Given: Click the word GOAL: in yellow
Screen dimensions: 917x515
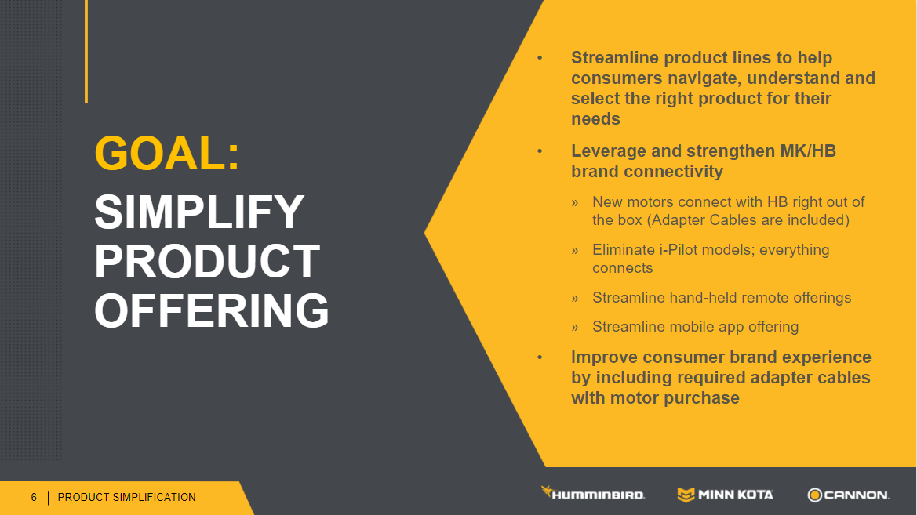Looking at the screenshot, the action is tap(167, 154).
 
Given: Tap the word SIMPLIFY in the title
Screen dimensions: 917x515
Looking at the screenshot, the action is tap(199, 212).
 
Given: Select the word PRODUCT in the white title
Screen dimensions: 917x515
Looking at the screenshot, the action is tap(207, 261).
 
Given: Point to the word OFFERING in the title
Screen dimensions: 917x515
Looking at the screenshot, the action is tap(212, 310).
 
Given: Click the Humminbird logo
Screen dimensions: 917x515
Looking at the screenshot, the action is tap(592, 493).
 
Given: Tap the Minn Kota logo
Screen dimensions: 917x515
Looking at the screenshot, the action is tap(725, 495).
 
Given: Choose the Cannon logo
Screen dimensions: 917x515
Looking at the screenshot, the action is tap(848, 495).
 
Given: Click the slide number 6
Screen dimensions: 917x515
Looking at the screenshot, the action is tap(34, 498).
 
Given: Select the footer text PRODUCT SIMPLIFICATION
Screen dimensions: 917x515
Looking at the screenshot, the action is tap(126, 498).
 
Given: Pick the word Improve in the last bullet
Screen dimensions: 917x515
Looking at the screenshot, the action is tap(606, 357).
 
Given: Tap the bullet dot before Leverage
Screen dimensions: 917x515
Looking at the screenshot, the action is tap(540, 151).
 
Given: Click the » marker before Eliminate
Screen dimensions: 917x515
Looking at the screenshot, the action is tap(575, 251).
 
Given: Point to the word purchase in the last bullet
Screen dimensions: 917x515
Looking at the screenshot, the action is tap(704, 399).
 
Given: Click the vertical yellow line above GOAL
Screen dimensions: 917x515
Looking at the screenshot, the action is tap(86, 52).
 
